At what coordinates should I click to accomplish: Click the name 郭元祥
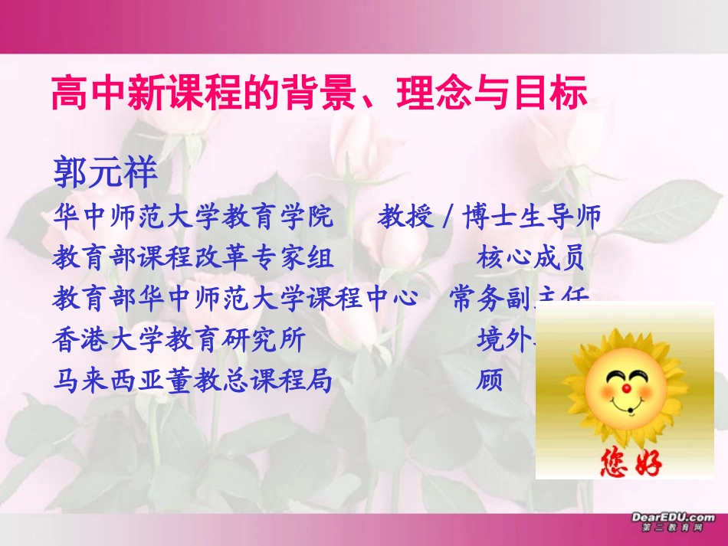click(105, 174)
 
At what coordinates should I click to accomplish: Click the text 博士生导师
click(532, 218)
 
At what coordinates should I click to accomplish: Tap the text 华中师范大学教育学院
click(193, 218)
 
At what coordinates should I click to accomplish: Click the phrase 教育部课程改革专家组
click(193, 259)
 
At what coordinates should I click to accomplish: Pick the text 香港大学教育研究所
click(179, 338)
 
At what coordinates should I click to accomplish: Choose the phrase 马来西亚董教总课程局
click(193, 379)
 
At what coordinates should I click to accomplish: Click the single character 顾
click(490, 379)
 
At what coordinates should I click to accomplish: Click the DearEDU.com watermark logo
click(673, 522)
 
